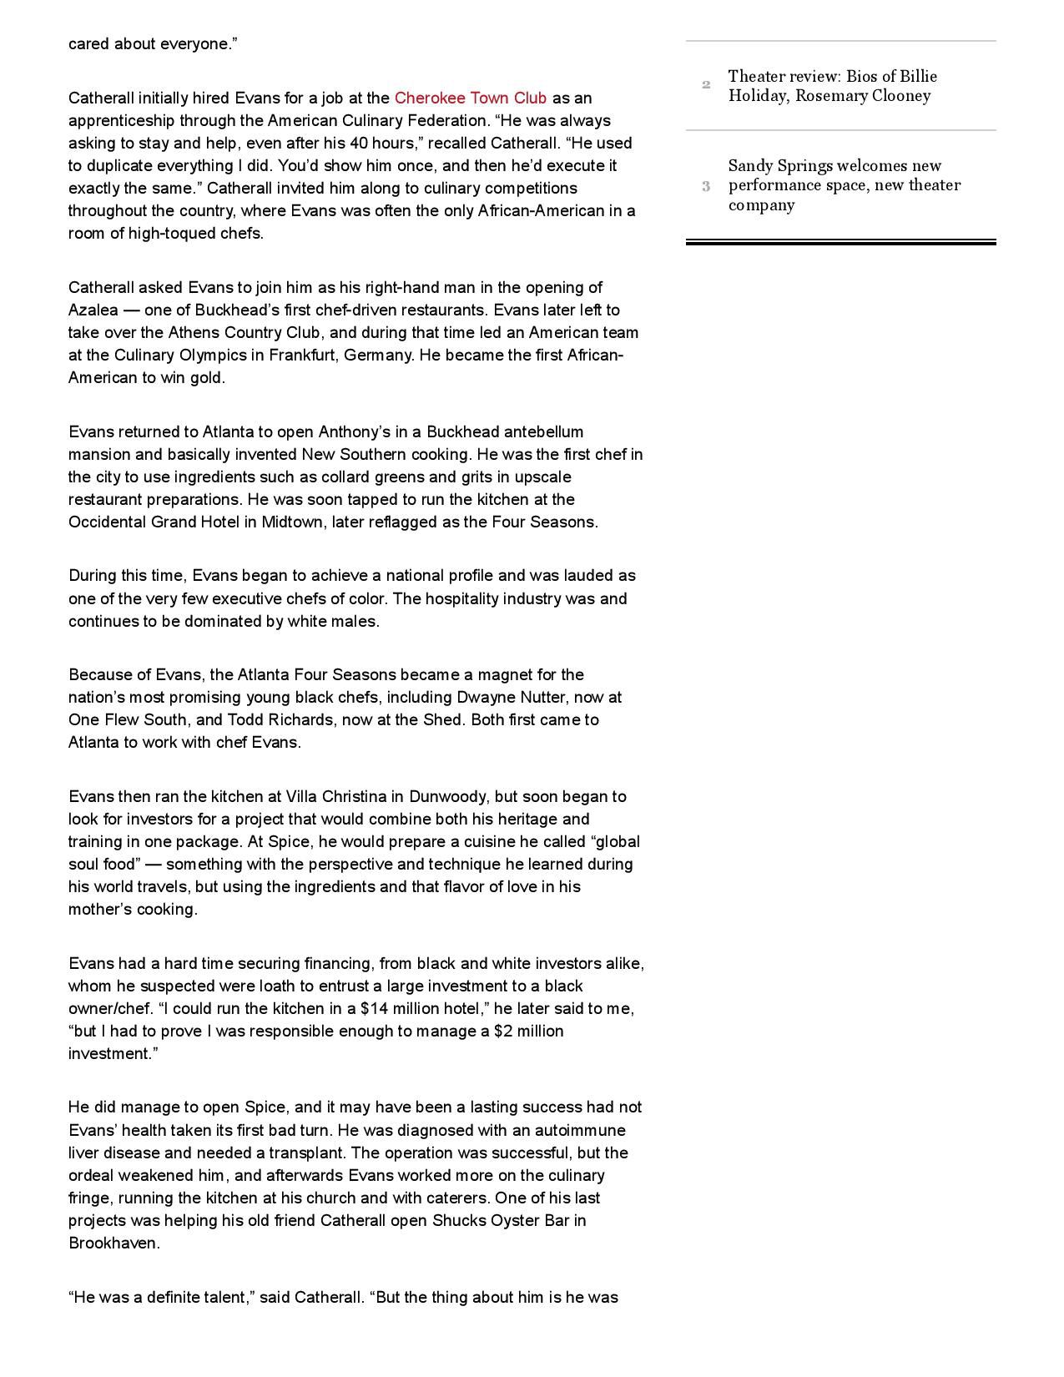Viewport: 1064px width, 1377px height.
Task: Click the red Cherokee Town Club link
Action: tap(470, 98)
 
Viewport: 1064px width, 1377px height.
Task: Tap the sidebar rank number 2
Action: tap(706, 85)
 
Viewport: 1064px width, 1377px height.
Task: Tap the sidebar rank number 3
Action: tap(706, 186)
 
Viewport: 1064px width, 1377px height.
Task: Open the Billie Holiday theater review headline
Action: tap(832, 86)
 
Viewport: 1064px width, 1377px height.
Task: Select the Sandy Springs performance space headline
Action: tap(844, 185)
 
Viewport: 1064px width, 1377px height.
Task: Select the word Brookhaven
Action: tap(113, 1243)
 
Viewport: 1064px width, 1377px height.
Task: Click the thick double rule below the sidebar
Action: tap(840, 242)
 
